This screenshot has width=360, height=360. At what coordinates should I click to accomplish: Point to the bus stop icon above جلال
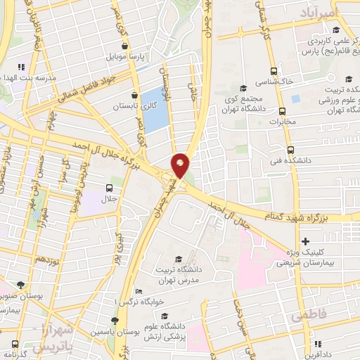110,188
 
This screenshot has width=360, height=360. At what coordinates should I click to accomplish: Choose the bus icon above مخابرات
282,112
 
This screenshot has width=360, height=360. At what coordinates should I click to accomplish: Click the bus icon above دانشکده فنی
290,150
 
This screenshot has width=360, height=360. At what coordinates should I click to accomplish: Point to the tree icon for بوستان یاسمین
115,321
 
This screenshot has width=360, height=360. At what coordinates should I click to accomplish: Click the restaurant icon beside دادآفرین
318,344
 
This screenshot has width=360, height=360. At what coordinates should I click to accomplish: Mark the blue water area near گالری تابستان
155,109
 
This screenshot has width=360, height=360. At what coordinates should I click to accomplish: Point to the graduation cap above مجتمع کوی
243,88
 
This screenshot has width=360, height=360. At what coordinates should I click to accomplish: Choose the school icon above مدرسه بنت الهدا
21,67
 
